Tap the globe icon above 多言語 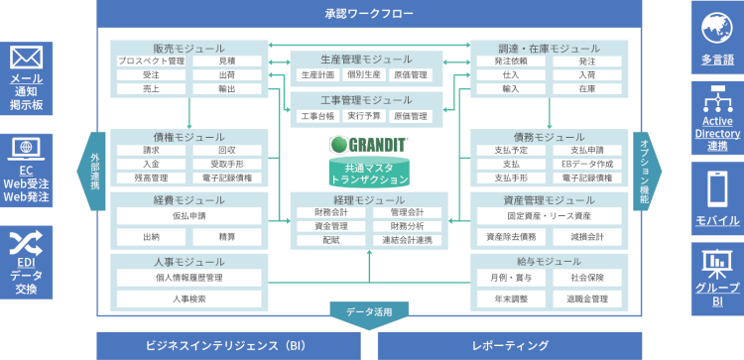point(717,26)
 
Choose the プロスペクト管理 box point(150,60)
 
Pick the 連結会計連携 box point(405,240)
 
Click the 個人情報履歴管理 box point(188,278)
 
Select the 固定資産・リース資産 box point(549,215)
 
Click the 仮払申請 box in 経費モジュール point(188,215)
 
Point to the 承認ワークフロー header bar point(368,14)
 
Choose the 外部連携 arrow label point(94,170)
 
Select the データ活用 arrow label point(368,312)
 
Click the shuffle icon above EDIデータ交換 point(26,244)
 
